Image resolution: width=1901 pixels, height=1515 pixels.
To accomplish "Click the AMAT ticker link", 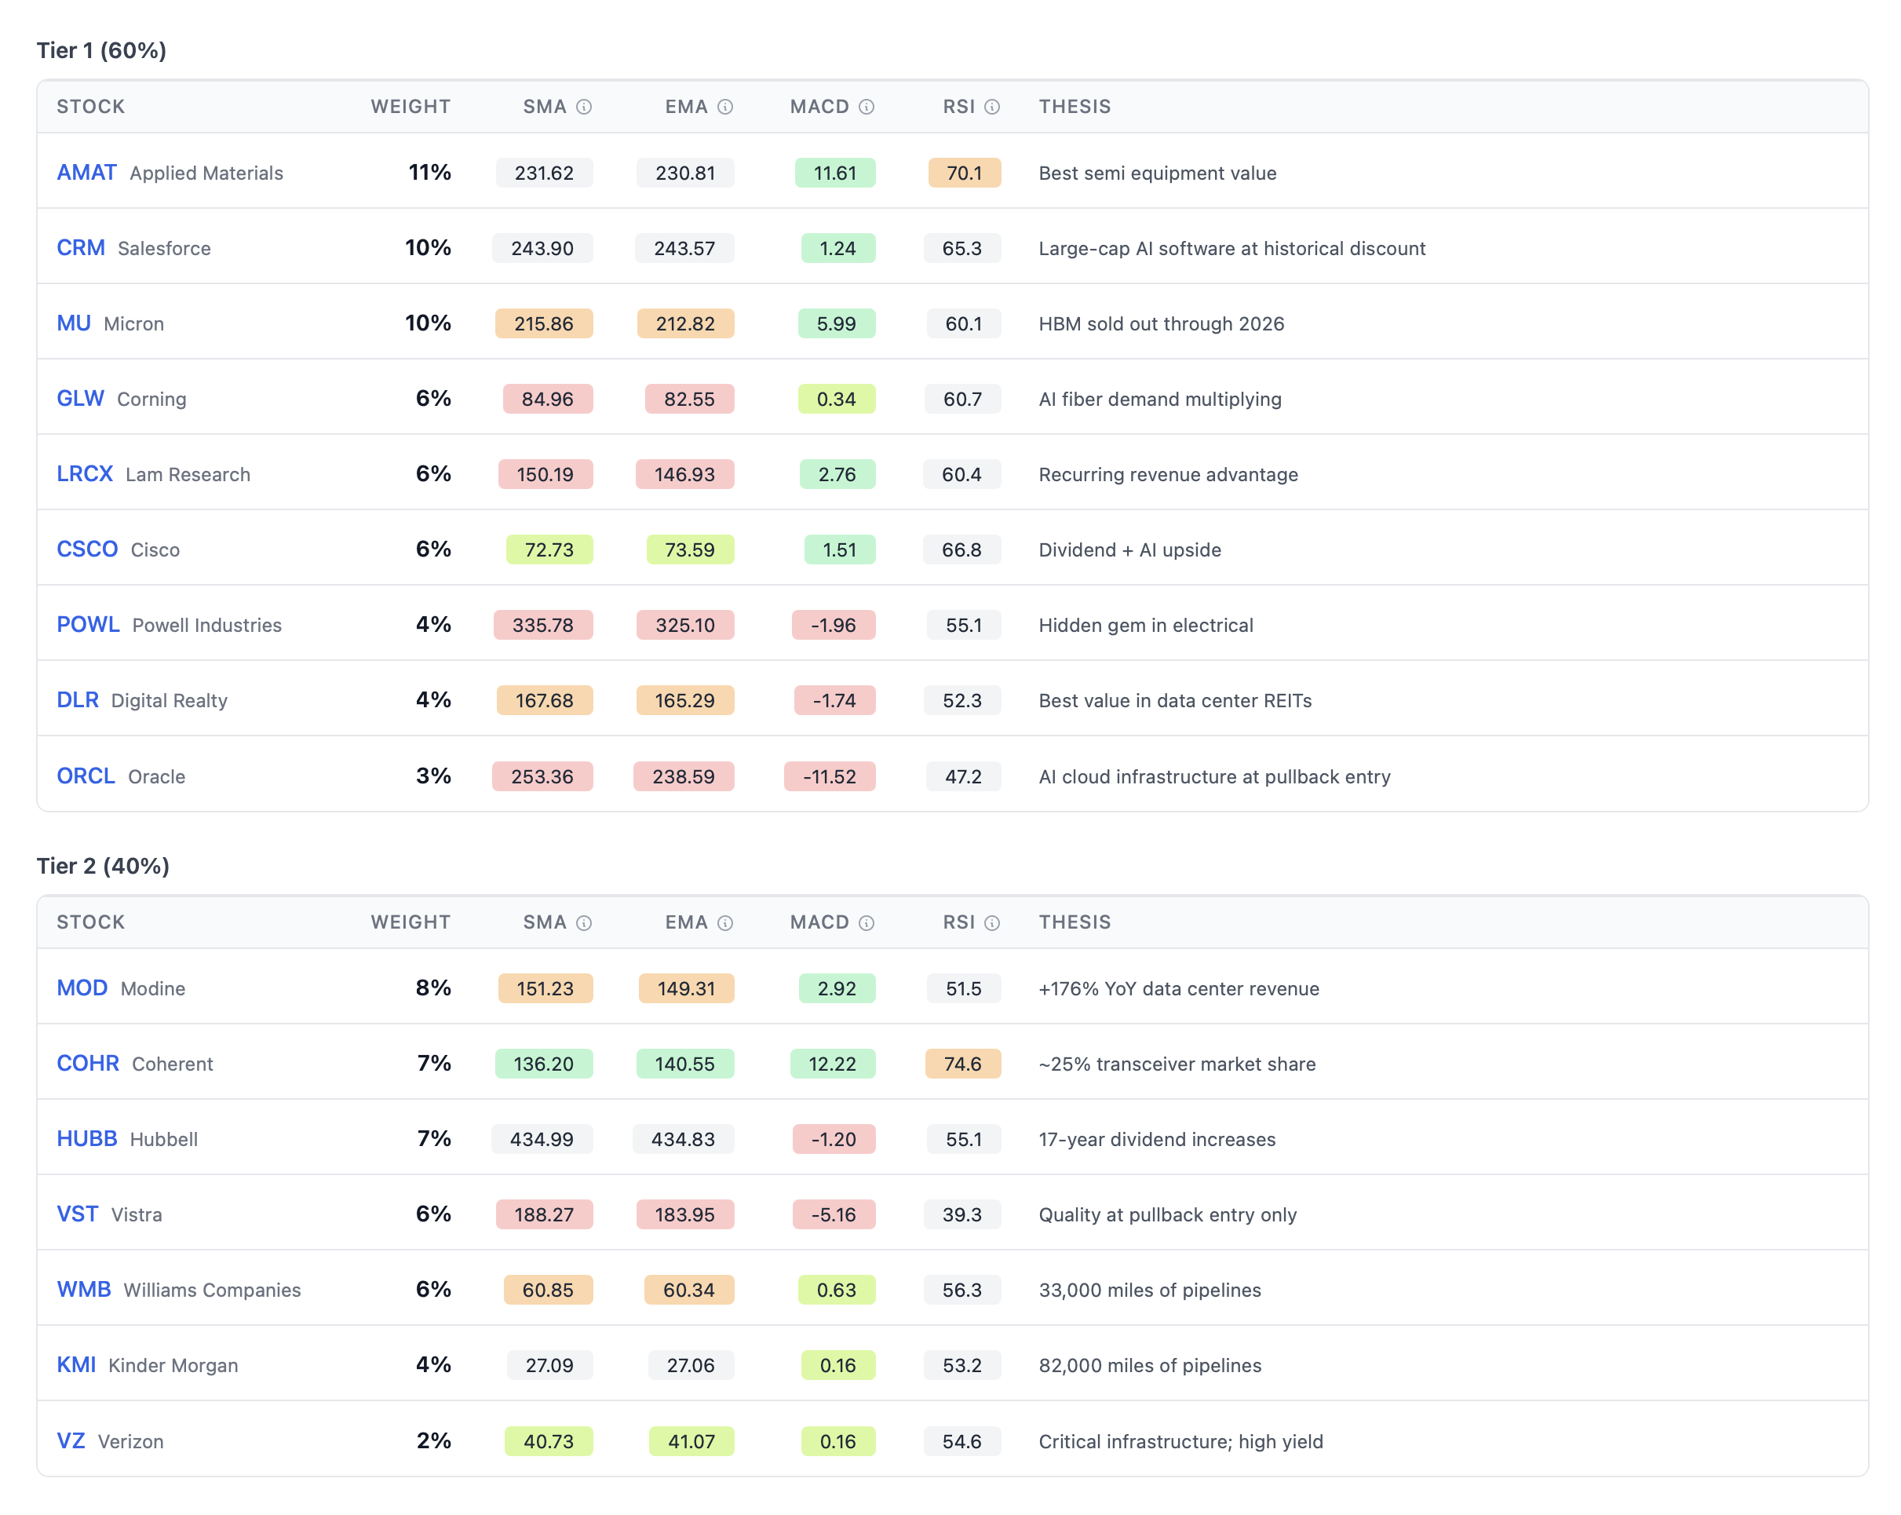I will pyautogui.click(x=86, y=173).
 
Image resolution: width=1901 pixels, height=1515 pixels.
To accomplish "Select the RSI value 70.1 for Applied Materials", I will pyautogui.click(x=964, y=173).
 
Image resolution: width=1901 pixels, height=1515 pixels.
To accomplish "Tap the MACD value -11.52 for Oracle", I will pyautogui.click(x=829, y=776).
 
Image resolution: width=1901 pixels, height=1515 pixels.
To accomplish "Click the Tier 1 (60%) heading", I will pyautogui.click(x=101, y=50).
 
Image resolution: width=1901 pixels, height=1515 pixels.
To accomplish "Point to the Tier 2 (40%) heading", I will pyautogui.click(x=103, y=866).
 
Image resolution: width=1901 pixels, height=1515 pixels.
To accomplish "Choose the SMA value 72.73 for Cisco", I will pyautogui.click(x=549, y=549).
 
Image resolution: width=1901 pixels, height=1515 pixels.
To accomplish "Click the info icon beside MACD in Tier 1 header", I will pyautogui.click(x=867, y=107).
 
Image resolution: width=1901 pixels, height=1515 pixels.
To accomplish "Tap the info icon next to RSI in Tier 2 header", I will pyautogui.click(x=992, y=922).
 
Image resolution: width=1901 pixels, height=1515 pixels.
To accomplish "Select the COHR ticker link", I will pyautogui.click(x=87, y=1064).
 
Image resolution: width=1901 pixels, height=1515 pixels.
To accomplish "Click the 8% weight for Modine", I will pyautogui.click(x=433, y=987).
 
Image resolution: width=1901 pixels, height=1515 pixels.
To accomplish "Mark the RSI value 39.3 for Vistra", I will pyautogui.click(x=962, y=1214).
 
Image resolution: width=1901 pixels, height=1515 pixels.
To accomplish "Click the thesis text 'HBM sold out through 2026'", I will pyautogui.click(x=1160, y=323).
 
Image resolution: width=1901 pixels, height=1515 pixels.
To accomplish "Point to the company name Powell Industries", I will pyautogui.click(x=206, y=625).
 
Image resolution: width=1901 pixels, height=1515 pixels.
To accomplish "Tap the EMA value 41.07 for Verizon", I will pyautogui.click(x=691, y=1441).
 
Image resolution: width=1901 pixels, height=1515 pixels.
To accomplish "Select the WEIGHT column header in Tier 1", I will pyautogui.click(x=410, y=107).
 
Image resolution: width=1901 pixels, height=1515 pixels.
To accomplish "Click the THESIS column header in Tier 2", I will pyautogui.click(x=1074, y=922).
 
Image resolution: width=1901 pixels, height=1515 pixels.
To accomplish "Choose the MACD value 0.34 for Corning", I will pyautogui.click(x=836, y=399).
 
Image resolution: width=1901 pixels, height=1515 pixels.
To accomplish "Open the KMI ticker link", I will pyautogui.click(x=76, y=1365).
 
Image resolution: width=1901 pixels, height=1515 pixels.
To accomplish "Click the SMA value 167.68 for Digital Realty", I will pyautogui.click(x=544, y=700).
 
